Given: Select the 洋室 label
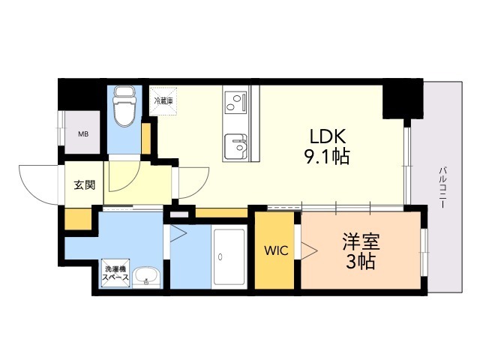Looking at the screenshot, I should point(361,242).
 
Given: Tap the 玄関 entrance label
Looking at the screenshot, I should point(84,185).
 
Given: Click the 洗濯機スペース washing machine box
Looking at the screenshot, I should point(115,272).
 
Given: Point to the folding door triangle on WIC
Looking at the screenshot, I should point(307,249).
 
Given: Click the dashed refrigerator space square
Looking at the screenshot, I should point(163,104).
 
